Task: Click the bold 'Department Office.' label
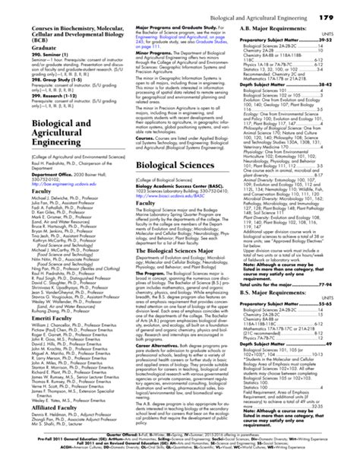[x=34, y=185]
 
